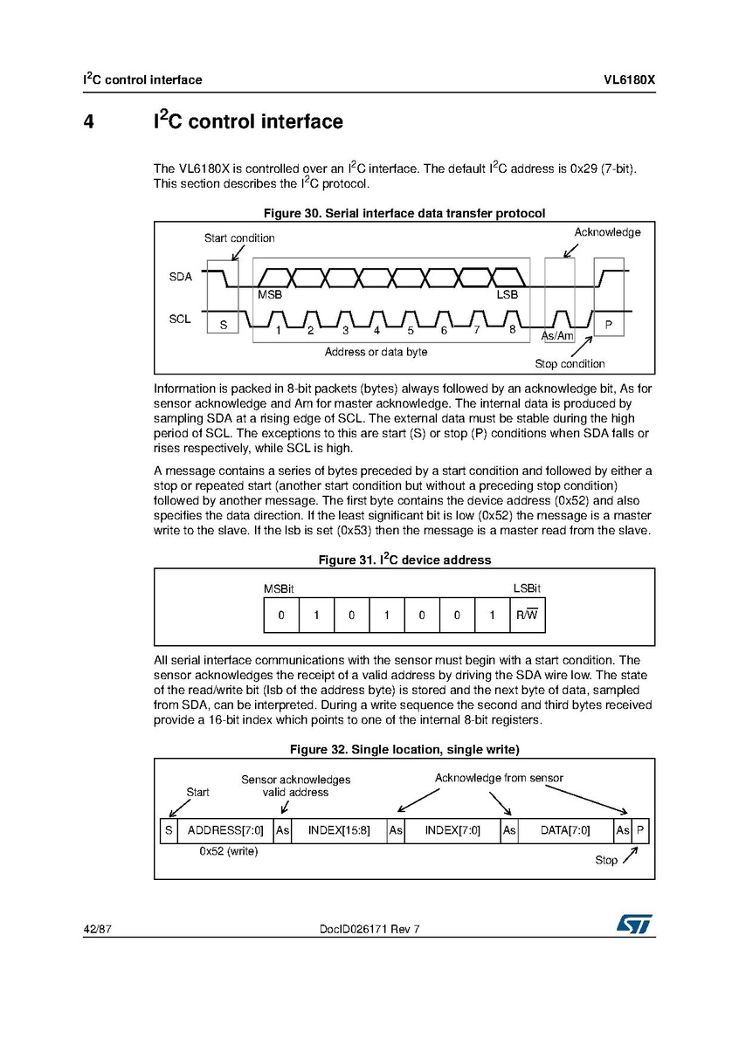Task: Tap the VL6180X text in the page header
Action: [628, 79]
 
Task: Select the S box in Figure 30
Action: [223, 325]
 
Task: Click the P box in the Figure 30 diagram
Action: [608, 325]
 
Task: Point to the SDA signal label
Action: [180, 277]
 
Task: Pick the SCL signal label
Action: [180, 320]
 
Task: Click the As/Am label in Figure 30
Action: [557, 336]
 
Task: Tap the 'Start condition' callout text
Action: [239, 237]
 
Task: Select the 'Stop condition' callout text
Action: [570, 363]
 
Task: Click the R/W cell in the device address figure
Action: [528, 615]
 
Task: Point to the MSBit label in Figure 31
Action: [280, 589]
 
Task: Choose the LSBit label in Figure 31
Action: [526, 589]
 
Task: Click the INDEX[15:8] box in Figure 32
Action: [339, 830]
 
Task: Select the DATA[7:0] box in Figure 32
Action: [565, 830]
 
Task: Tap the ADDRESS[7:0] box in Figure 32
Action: [225, 830]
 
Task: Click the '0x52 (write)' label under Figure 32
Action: [229, 850]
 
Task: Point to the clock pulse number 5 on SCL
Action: [410, 330]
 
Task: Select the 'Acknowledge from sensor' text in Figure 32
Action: [499, 778]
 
